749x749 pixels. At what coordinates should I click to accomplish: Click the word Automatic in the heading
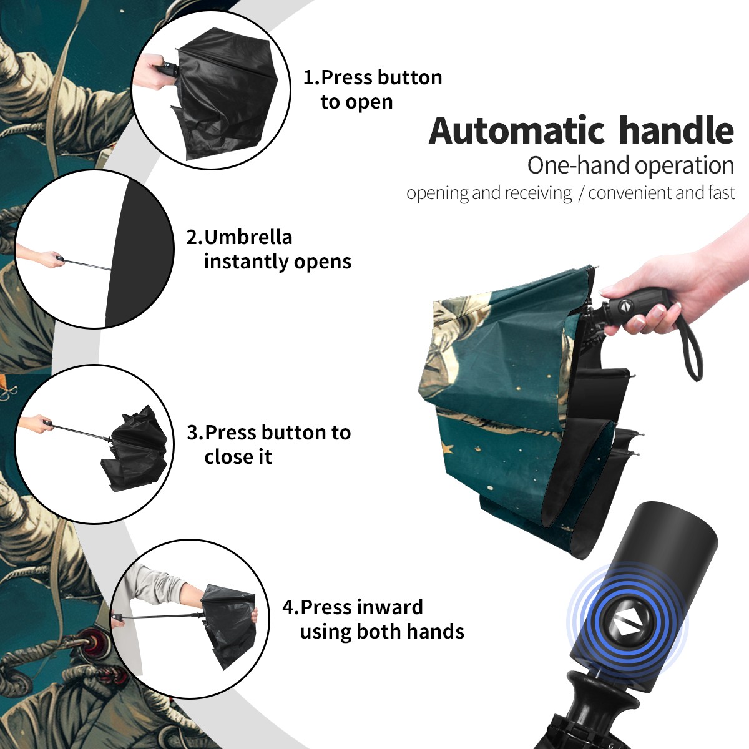pyautogui.click(x=517, y=131)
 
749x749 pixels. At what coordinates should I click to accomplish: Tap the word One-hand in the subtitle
pyautogui.click(x=579, y=165)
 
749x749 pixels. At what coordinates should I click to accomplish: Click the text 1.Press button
pyautogui.click(x=373, y=77)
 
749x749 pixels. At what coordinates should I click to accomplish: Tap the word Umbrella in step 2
pyautogui.click(x=248, y=237)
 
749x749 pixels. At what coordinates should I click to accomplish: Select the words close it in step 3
pyautogui.click(x=238, y=456)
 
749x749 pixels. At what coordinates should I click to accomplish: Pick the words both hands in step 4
pyautogui.click(x=410, y=631)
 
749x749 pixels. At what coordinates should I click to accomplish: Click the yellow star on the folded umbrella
pyautogui.click(x=448, y=449)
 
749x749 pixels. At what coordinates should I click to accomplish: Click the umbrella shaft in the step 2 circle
pyautogui.click(x=88, y=264)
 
